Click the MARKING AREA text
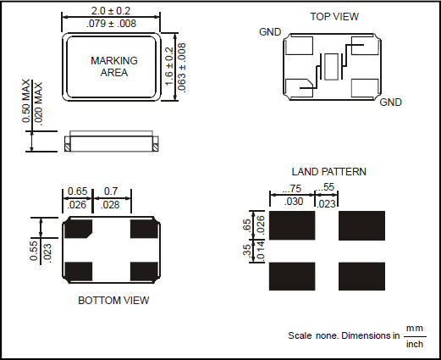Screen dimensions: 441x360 pos(114,67)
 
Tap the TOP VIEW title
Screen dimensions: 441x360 pos(334,17)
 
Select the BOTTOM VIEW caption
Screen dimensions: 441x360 pos(113,301)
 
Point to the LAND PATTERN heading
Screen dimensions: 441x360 pos(328,172)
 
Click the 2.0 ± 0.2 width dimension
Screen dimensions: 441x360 pos(111,11)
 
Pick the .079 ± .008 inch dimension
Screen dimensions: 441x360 pos(111,24)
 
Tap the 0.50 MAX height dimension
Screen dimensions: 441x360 pos(26,101)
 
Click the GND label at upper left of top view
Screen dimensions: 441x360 pos(270,32)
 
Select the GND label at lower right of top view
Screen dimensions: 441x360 pos(390,102)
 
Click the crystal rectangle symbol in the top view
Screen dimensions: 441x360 pos(331,67)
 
